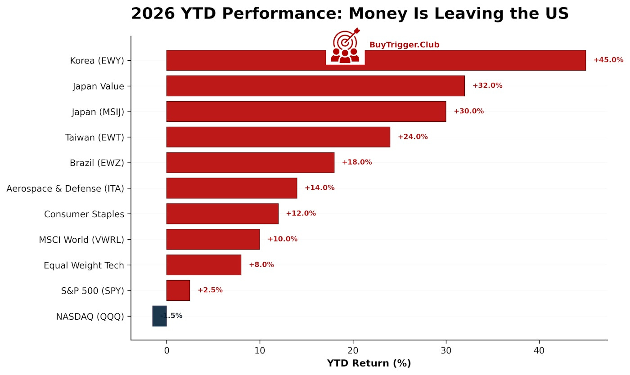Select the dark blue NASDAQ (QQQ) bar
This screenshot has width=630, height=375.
(160, 316)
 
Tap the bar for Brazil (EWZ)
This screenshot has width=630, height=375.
(250, 162)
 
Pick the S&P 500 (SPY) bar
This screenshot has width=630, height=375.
(178, 290)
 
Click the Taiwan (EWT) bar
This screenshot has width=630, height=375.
(278, 137)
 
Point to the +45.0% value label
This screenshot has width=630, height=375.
(608, 60)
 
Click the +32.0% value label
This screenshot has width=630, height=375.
(487, 86)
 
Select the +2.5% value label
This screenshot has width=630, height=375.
(210, 290)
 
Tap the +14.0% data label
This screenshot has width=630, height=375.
(319, 188)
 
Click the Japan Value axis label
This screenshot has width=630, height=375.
(98, 86)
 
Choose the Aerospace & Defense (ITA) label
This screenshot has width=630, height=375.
(65, 188)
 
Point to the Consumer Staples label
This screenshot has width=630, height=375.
(84, 214)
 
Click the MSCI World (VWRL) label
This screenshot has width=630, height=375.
(81, 240)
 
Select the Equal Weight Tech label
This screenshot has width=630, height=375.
(84, 265)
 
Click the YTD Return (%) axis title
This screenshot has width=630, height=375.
(369, 363)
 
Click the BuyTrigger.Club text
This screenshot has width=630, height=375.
(404, 45)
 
